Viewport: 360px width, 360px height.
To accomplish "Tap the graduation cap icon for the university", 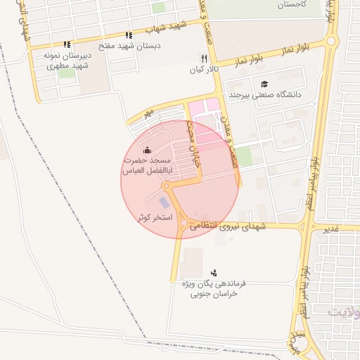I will click(x=264, y=84).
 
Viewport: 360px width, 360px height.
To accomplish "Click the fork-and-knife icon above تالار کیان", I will click(x=204, y=58).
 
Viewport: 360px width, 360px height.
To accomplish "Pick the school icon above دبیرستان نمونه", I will click(x=67, y=44).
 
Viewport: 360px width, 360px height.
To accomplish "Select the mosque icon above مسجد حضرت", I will click(x=146, y=150).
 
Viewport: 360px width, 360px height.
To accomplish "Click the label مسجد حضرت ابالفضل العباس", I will click(x=147, y=166).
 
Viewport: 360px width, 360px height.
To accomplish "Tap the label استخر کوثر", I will click(x=150, y=217).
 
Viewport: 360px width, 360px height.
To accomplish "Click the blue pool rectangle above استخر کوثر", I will click(x=164, y=202).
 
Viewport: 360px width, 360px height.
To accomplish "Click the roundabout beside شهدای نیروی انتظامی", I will click(x=184, y=224).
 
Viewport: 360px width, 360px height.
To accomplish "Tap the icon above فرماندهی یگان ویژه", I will click(x=214, y=272).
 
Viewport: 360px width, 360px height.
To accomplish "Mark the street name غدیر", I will click(x=330, y=229).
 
